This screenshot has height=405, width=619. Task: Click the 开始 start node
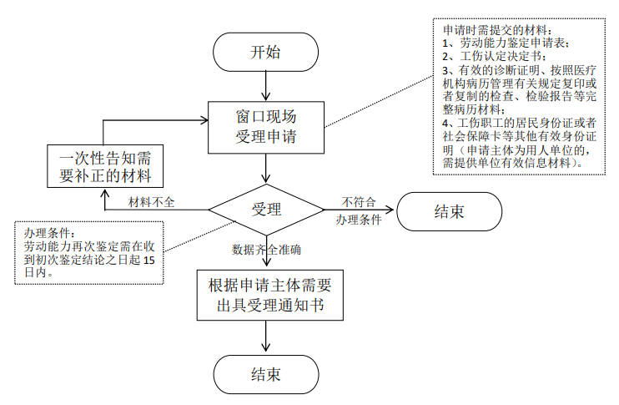point(265,52)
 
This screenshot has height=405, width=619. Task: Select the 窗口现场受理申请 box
point(265,126)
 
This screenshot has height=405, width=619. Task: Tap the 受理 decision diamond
point(265,209)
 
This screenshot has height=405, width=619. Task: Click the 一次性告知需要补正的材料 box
point(104,166)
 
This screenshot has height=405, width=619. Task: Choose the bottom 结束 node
point(265,373)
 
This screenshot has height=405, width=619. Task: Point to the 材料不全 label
point(151,201)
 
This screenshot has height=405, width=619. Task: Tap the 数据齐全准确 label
point(266,249)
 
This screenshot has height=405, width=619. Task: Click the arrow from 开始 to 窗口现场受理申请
point(265,84)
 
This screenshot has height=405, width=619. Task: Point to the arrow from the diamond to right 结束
point(359,210)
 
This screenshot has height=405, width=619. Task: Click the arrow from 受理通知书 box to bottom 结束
point(265,336)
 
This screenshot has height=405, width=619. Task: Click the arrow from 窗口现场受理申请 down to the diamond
point(265,170)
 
